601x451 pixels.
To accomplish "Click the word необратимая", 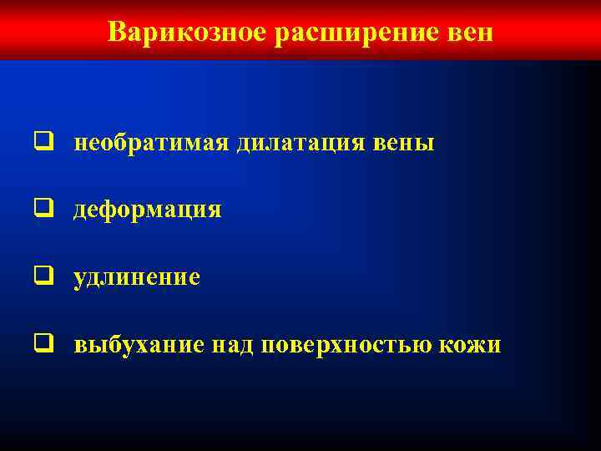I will pyautogui.click(x=152, y=143).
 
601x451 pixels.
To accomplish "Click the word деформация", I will pyautogui.click(x=148, y=210).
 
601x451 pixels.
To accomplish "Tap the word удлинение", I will pyautogui.click(x=137, y=276).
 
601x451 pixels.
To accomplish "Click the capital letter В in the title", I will pyautogui.click(x=116, y=33).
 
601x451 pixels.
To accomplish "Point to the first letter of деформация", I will pyautogui.click(x=80, y=210).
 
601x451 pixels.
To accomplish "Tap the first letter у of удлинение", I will pyautogui.click(x=79, y=278).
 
